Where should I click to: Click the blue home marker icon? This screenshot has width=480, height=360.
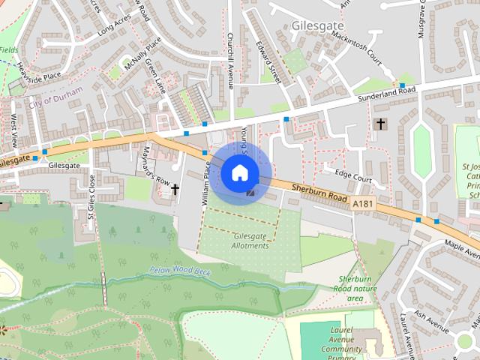[x=239, y=172]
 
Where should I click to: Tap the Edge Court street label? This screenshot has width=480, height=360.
[x=353, y=175]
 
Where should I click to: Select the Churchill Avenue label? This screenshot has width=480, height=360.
[x=231, y=60]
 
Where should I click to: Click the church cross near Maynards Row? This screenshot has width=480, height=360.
[x=175, y=190]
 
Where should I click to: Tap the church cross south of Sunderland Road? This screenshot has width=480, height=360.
[x=380, y=123]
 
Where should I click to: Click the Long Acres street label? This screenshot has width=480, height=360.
[x=113, y=28]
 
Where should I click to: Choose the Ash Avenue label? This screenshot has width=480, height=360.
[x=430, y=324]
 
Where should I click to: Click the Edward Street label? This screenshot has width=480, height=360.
[x=273, y=64]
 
